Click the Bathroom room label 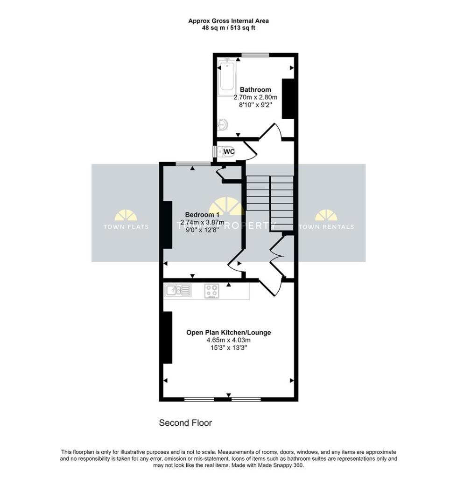click(255, 89)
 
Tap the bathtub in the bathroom click(227, 77)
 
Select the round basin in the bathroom click(223, 124)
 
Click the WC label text click(229, 151)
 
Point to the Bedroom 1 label click(196, 214)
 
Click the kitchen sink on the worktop click(177, 291)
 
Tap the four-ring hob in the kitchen click(211, 291)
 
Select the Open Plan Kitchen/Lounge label click(228, 333)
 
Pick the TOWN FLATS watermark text click(127, 227)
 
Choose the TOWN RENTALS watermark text click(326, 227)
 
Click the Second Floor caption click(185, 423)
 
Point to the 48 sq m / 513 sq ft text click(228, 28)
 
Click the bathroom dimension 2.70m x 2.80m click(255, 97)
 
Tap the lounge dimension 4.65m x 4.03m click(228, 341)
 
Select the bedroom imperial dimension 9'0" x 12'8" click(196, 230)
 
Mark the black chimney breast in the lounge click(167, 337)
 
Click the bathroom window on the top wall click(255, 55)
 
